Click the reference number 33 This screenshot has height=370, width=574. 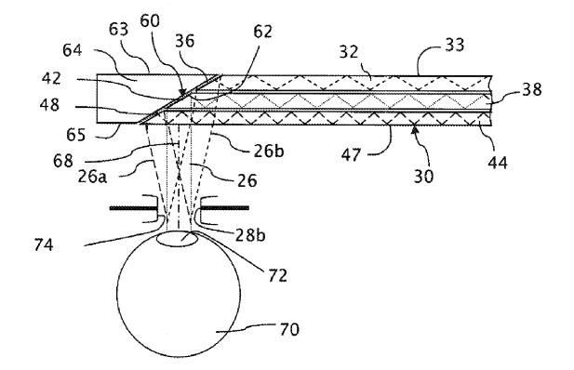[x=455, y=45]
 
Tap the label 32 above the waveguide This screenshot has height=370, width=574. [x=349, y=52]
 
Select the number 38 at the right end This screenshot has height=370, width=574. [x=531, y=89]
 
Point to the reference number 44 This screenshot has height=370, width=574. [x=498, y=162]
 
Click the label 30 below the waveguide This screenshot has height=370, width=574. [x=423, y=176]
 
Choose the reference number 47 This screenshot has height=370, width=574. [x=351, y=154]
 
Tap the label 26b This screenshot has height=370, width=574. [x=269, y=151]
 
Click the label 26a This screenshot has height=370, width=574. [x=92, y=177]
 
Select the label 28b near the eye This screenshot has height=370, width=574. [x=250, y=235]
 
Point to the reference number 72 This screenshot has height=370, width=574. [x=277, y=275]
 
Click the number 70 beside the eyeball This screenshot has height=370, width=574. [x=289, y=329]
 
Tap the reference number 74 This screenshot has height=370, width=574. [x=44, y=244]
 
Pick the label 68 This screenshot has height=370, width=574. [x=63, y=160]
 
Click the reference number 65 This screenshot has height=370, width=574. [x=75, y=135]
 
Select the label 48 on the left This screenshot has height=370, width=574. [x=49, y=105]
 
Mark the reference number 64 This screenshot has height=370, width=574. [x=73, y=50]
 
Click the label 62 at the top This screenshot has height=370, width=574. [x=263, y=32]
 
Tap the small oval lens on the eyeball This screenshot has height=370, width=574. [x=177, y=239]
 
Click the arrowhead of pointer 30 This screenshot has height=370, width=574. [x=414, y=128]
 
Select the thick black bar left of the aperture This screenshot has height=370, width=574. [x=134, y=208]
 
